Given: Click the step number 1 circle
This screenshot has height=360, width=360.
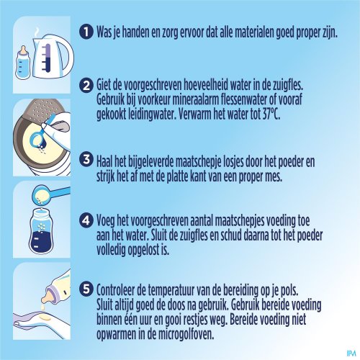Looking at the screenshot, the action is pyautogui.click(x=86, y=32).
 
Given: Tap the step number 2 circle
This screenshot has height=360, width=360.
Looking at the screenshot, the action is pyautogui.click(x=86, y=85).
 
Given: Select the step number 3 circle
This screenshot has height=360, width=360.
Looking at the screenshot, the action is pyautogui.click(x=86, y=159).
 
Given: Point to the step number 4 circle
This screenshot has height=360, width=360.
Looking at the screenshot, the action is pyautogui.click(x=86, y=220).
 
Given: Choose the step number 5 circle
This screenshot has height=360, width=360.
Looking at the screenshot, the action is pyautogui.click(x=86, y=289).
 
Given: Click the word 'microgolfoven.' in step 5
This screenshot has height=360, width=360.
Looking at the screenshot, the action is pyautogui.click(x=186, y=334).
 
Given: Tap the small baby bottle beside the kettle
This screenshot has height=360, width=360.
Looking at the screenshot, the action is pyautogui.click(x=23, y=63).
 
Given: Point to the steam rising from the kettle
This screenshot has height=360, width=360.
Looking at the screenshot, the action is pyautogui.click(x=37, y=33).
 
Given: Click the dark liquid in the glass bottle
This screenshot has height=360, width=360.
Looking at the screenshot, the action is pyautogui.click(x=41, y=240).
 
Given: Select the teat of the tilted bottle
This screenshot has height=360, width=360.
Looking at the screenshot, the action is pyautogui.click(x=48, y=295).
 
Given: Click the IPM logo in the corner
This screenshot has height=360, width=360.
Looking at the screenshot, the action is pyautogui.click(x=351, y=353).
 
